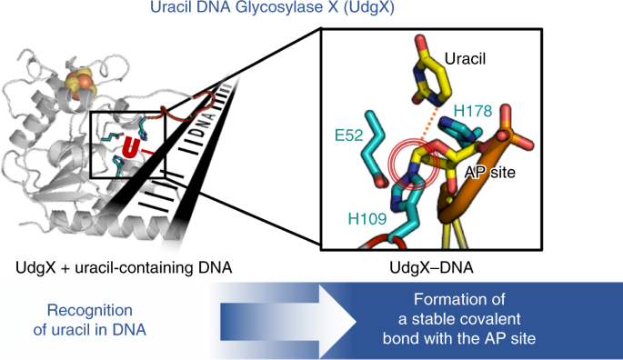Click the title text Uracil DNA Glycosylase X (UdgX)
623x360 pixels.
(272, 7)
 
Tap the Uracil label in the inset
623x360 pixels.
(465, 59)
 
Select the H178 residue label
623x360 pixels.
(473, 111)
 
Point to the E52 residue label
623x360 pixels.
(349, 135)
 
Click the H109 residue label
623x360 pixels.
(367, 218)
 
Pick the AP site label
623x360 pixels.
(490, 172)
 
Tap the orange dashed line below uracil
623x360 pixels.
(430, 123)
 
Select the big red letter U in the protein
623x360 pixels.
(130, 147)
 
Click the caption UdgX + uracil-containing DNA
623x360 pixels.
(124, 267)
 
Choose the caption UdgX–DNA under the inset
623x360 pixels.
(431, 267)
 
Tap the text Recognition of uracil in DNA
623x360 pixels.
(90, 320)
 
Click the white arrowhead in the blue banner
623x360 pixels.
(337, 321)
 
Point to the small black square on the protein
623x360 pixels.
(128, 145)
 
